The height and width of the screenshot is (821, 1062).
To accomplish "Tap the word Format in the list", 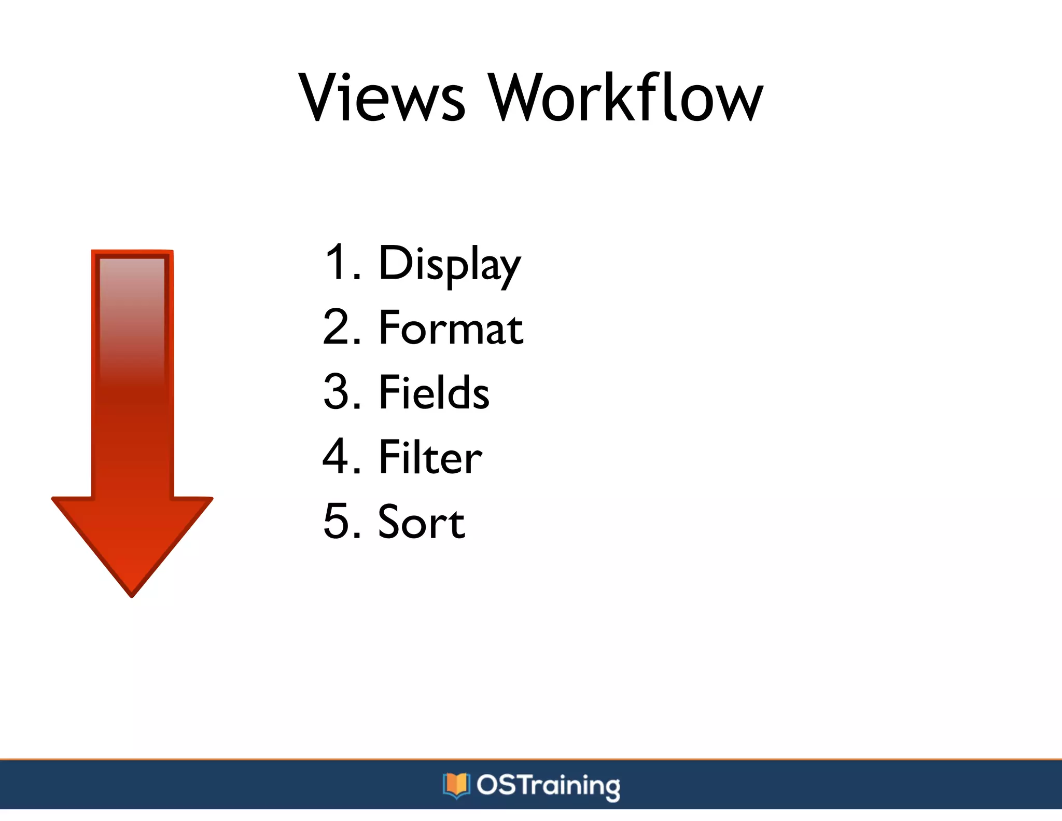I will pyautogui.click(x=451, y=328).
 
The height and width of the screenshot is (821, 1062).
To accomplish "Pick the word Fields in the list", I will pyautogui.click(x=434, y=393).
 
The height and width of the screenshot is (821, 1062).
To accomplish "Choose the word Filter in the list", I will pyautogui.click(x=430, y=457).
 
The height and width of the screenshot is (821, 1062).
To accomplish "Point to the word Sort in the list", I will pyautogui.click(x=421, y=522).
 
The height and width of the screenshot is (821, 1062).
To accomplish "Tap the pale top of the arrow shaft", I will pyautogui.click(x=132, y=275).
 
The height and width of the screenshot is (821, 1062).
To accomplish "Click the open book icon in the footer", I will pyautogui.click(x=456, y=785).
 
